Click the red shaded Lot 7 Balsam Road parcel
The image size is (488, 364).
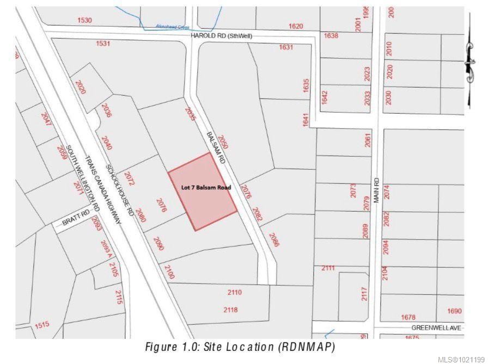(x=202, y=190)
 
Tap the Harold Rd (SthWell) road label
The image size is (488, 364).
(x=222, y=36)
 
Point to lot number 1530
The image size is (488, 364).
(x=85, y=20)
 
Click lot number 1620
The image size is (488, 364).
(x=296, y=26)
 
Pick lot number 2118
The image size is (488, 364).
(x=230, y=310)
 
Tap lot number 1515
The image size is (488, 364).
(x=42, y=325)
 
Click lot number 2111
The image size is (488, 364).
(x=328, y=268)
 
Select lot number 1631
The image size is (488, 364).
(x=286, y=47)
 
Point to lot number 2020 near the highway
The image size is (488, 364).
(x=80, y=87)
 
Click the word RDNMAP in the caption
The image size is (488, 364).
(x=307, y=347)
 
